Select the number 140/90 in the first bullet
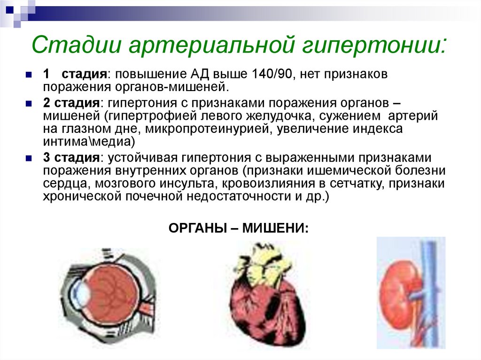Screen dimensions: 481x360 pos(272,74)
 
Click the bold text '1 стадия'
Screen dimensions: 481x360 pos(75,74)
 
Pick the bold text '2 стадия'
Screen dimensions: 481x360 pos(71,103)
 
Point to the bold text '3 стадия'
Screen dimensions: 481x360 pos(71,158)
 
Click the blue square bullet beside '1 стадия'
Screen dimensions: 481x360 pos(29,75)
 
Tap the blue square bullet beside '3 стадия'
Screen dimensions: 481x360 pos(29,158)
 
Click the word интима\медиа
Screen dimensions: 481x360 pos(89,142)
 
